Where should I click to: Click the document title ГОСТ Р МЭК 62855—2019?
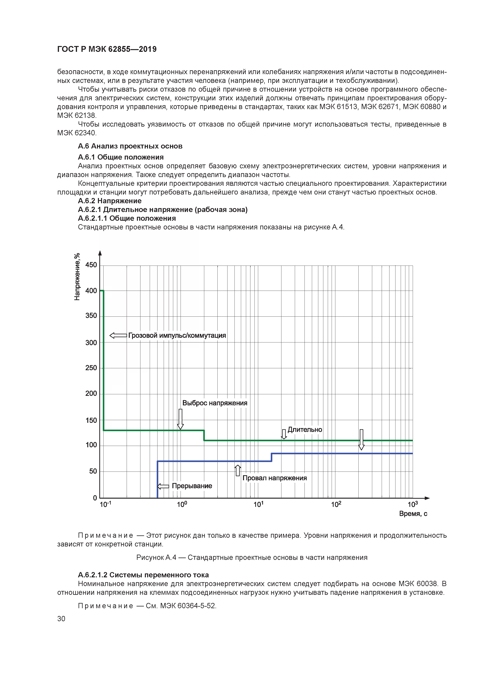pos(107,49)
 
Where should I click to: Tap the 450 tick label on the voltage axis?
pos(91,265)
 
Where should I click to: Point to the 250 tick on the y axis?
pos(91,368)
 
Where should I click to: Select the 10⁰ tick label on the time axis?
pos(182,504)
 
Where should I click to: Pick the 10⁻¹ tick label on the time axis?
pos(105,504)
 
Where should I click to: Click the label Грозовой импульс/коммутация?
pos(177,335)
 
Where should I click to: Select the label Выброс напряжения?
pos(215,403)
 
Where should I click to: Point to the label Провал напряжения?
pos(274,478)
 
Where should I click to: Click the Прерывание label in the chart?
pos(192,486)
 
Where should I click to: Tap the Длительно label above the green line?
pos(305,429)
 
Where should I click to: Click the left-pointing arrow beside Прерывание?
pos(163,486)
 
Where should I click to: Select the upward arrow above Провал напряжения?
pos(238,470)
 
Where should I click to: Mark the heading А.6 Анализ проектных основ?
pos(130,146)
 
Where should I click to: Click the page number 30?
pos(61,619)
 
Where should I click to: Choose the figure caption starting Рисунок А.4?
pos(252,558)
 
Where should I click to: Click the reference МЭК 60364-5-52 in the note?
pos(188,606)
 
